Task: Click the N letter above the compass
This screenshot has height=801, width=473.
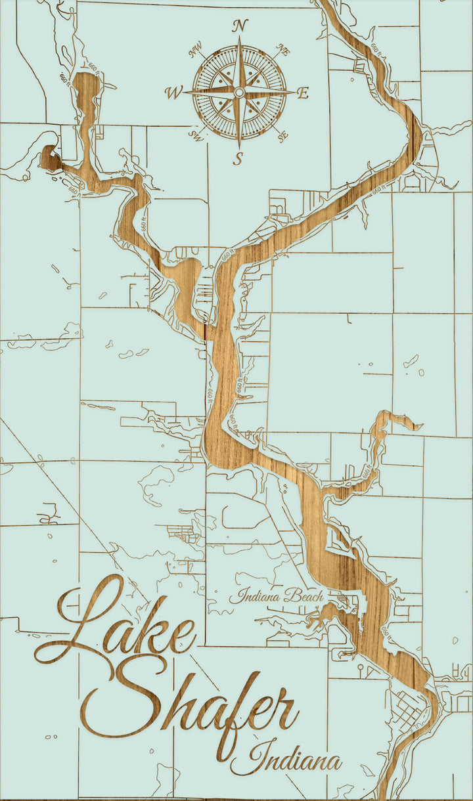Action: point(240,26)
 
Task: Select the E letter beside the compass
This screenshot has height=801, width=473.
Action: point(303,93)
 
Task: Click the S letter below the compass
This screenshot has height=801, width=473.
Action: point(240,158)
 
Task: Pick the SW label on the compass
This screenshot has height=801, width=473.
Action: point(196,135)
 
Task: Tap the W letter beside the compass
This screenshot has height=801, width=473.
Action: point(174,93)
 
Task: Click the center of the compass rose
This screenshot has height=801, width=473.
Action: point(240,92)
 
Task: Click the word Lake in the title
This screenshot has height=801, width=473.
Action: point(118,624)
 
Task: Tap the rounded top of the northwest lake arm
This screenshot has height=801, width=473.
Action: point(85,82)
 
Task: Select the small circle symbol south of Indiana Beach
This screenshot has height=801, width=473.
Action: point(361,668)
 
